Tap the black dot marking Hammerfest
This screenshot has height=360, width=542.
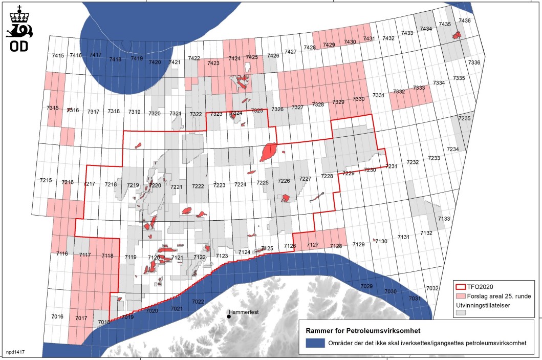coord(229,316)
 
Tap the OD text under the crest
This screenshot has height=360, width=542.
coord(18,47)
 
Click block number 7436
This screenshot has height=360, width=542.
coord(464,20)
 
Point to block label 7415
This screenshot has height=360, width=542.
coord(58,55)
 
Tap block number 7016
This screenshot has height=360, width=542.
coord(57,317)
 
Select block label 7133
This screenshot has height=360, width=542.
coord(444,219)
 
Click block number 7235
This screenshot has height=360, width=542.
coord(464,118)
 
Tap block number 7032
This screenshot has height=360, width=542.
coord(432,289)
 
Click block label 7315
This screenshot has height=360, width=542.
coord(52,108)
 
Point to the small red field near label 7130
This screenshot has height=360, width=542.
coord(375,239)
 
